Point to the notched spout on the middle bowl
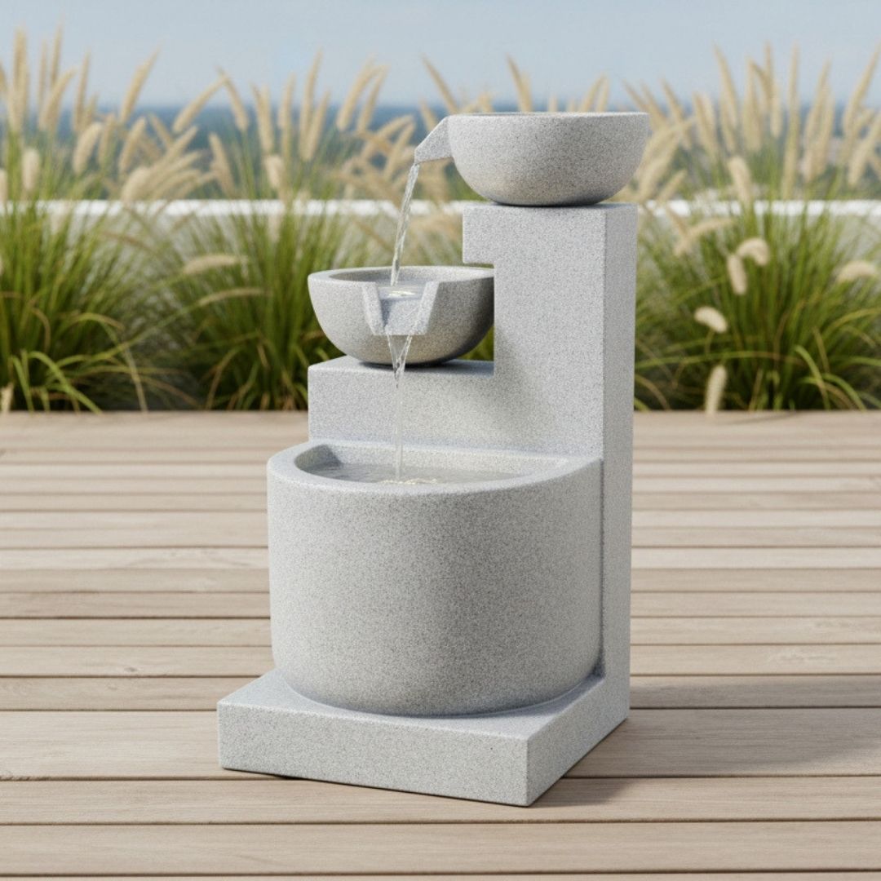point(400,310)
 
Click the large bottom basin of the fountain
point(432,587)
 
